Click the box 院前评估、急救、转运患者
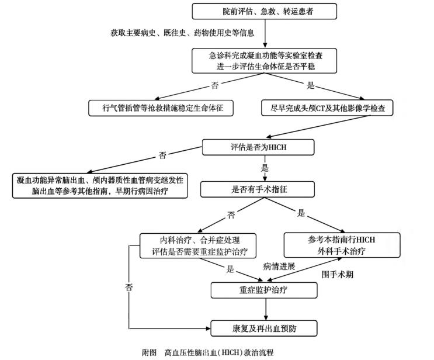pos(264,11)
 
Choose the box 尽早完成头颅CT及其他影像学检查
pos(327,108)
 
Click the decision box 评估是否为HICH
pos(264,147)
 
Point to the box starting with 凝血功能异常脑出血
pos(99,185)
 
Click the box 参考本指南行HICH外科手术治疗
pos(342,245)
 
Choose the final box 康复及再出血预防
pos(265,328)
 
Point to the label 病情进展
pos(279,266)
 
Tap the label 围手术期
pos(338,274)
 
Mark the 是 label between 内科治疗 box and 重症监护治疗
pos(230,269)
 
